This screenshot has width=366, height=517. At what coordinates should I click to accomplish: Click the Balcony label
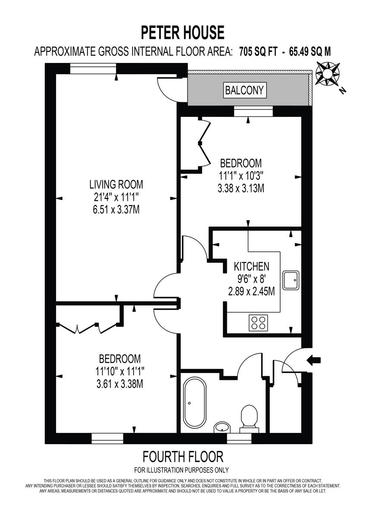click(x=244, y=90)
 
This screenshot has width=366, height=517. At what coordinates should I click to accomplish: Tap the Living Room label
click(x=116, y=185)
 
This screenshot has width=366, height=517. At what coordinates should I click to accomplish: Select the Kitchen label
click(x=251, y=266)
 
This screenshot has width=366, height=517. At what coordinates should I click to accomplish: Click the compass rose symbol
click(x=327, y=75)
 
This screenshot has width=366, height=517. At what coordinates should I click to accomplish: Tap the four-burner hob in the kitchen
click(x=258, y=323)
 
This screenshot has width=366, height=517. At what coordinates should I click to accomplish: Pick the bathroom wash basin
click(x=222, y=427)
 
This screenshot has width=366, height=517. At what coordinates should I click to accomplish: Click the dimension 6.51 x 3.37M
click(x=116, y=211)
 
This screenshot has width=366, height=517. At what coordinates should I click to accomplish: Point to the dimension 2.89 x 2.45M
click(x=251, y=292)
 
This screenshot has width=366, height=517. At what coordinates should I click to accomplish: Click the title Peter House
click(x=183, y=33)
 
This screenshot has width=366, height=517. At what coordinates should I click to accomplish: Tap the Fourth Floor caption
click(x=182, y=456)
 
